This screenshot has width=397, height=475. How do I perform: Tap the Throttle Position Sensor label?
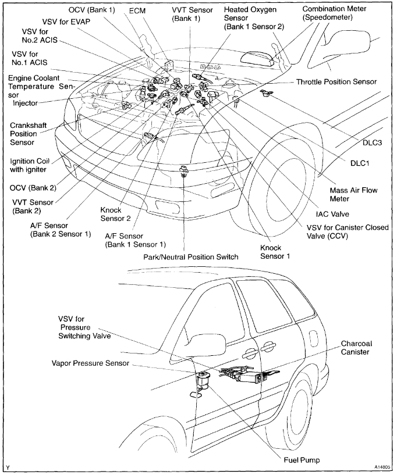336,82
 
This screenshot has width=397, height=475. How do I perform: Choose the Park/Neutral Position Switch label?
191,256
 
